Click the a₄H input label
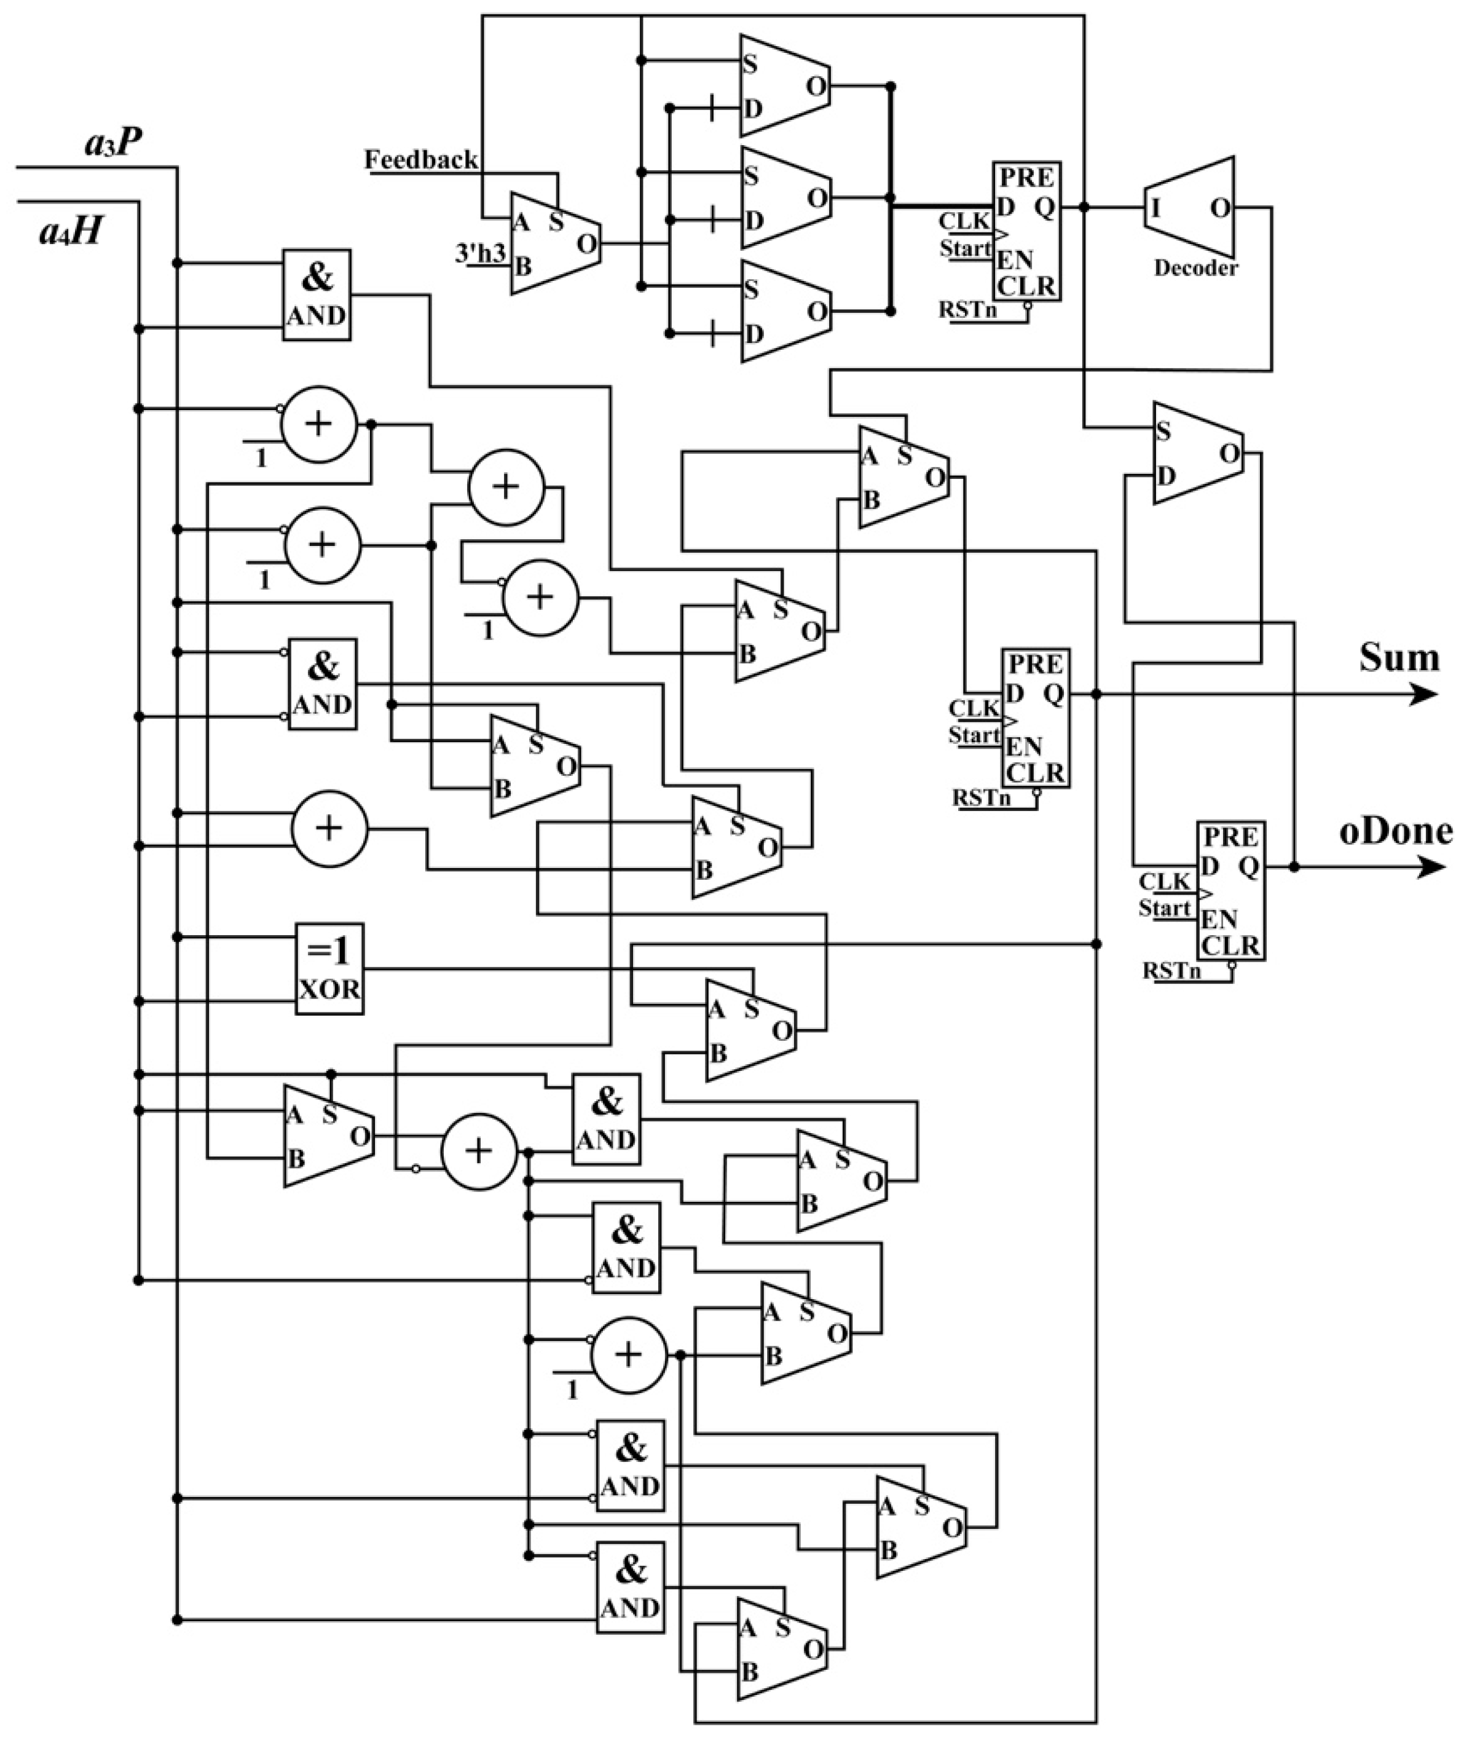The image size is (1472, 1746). (71, 231)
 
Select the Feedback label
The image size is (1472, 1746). (422, 159)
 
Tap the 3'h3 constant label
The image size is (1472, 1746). (481, 253)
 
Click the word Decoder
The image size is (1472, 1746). (1195, 268)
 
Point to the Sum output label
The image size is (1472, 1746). (1399, 658)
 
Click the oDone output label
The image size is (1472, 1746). (1395, 831)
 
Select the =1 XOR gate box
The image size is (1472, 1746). (329, 968)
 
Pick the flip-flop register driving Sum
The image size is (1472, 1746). (1036, 717)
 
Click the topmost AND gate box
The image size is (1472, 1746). (317, 294)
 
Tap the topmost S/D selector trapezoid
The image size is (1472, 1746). (784, 86)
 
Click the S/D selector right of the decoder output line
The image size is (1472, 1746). (1197, 453)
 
